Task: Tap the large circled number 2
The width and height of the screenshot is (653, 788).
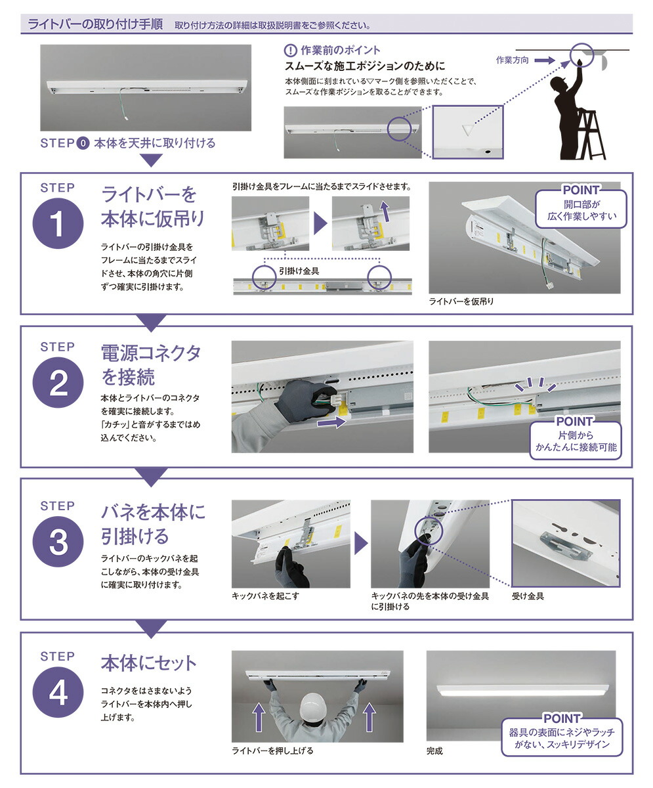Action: tap(58, 383)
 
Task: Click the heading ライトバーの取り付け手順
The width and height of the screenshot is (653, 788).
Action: tap(96, 25)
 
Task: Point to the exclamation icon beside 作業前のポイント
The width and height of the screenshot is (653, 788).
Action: tap(291, 51)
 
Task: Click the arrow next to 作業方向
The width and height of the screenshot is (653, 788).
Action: tap(543, 60)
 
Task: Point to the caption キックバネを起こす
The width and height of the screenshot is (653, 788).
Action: tap(264, 596)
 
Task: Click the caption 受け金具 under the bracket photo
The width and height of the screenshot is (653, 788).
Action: tap(528, 596)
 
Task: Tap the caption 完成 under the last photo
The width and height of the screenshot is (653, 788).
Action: tap(434, 751)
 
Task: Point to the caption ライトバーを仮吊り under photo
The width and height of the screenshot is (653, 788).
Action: tap(461, 301)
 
